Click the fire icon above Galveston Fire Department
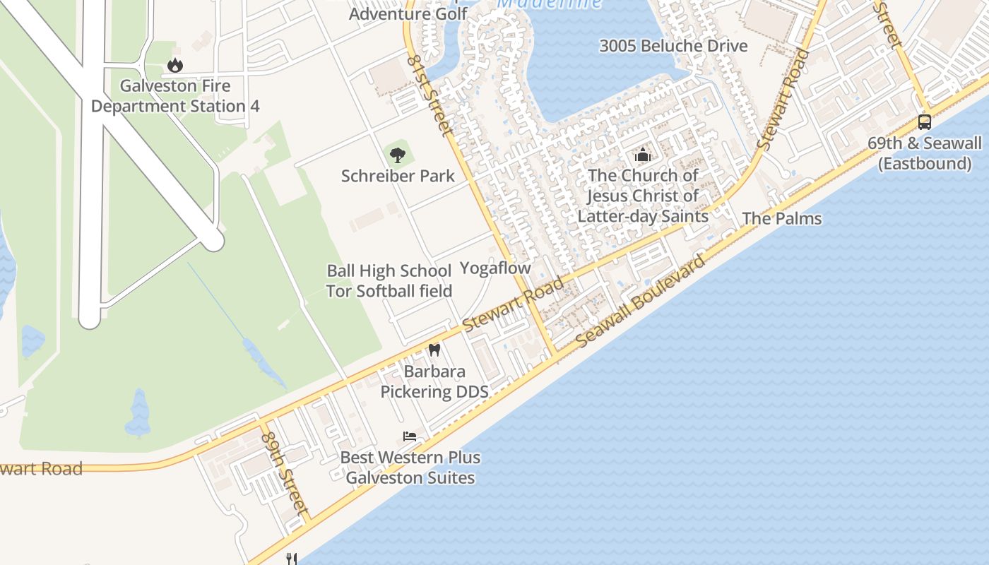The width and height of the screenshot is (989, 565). pyautogui.click(x=174, y=66)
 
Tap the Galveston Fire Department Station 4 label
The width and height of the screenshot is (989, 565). pyautogui.click(x=175, y=96)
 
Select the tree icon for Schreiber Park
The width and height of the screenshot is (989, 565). pyautogui.click(x=398, y=155)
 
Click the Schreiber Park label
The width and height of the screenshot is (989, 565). pyautogui.click(x=398, y=176)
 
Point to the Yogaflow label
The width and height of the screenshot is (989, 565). pyautogui.click(x=494, y=268)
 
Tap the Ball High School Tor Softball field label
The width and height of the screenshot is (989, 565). pyautogui.click(x=389, y=281)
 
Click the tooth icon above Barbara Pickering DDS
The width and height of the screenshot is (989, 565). pyautogui.click(x=434, y=350)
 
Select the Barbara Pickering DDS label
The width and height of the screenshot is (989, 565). pyautogui.click(x=434, y=381)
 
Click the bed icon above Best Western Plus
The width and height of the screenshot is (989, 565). pyautogui.click(x=410, y=436)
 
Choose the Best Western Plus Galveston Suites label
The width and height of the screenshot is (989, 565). pyautogui.click(x=410, y=468)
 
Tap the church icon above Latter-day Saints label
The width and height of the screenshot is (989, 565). pyautogui.click(x=642, y=154)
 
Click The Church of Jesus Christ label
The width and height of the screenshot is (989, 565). pyautogui.click(x=643, y=196)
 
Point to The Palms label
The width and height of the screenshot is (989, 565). pyautogui.click(x=781, y=219)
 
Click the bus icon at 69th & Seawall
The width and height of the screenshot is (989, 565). pyautogui.click(x=924, y=121)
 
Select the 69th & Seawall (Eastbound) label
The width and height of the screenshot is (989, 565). pyautogui.click(x=924, y=153)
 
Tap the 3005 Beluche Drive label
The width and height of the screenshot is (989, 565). pyautogui.click(x=673, y=46)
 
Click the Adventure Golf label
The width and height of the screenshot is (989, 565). pyautogui.click(x=408, y=13)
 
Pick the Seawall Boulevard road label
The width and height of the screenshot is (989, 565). pyautogui.click(x=640, y=301)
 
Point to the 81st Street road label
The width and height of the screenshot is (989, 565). pyautogui.click(x=429, y=95)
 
